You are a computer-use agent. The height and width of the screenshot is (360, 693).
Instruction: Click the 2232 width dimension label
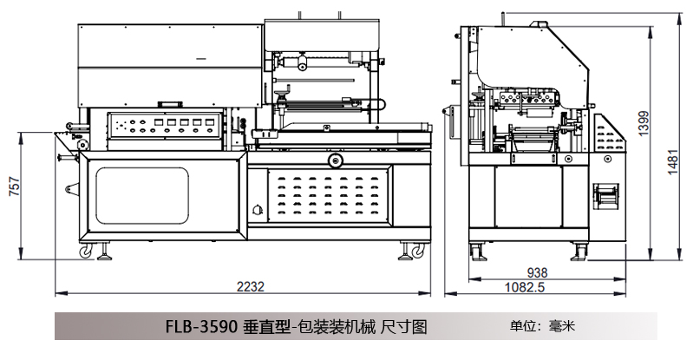coord(250,285)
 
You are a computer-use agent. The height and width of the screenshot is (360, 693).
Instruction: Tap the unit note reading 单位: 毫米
coord(542,326)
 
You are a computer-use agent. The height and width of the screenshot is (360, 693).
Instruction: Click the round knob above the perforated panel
coord(335,160)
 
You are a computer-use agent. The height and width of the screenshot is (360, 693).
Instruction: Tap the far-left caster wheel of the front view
coord(85,252)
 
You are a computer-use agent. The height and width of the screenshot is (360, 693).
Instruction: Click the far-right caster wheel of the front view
coord(420,252)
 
